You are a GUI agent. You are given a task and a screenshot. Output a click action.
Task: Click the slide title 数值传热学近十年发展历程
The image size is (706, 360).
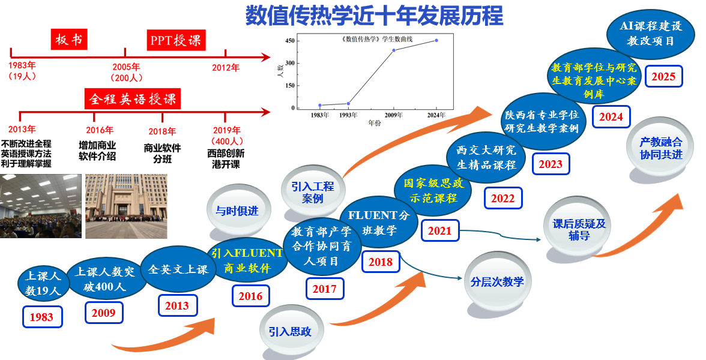[374, 16]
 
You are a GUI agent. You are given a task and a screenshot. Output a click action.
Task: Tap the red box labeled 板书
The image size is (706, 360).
[69, 40]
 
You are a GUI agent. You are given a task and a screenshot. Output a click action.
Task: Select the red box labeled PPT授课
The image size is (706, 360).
[175, 40]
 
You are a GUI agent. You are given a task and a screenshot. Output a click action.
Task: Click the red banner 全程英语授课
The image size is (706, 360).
[133, 98]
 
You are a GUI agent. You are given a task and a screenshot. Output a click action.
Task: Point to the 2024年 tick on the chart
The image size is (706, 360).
[436, 115]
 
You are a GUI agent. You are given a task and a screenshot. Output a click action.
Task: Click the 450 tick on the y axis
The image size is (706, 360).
[290, 41]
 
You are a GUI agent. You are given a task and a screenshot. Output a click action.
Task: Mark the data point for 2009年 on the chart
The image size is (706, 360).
[394, 50]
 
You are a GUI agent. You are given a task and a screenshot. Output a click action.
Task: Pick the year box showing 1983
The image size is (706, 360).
[42, 317]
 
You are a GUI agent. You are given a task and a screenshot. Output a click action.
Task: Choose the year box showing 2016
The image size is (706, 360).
[250, 296]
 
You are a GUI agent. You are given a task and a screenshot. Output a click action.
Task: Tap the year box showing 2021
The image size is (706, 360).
[440, 230]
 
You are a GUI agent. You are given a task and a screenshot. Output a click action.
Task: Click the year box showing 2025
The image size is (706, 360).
[663, 76]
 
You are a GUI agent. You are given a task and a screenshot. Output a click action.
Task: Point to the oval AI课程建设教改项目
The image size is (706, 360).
[650, 33]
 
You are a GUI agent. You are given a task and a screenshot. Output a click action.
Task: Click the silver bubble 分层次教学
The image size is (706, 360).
[497, 281]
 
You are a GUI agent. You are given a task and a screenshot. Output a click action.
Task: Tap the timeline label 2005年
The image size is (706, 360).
[126, 67]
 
